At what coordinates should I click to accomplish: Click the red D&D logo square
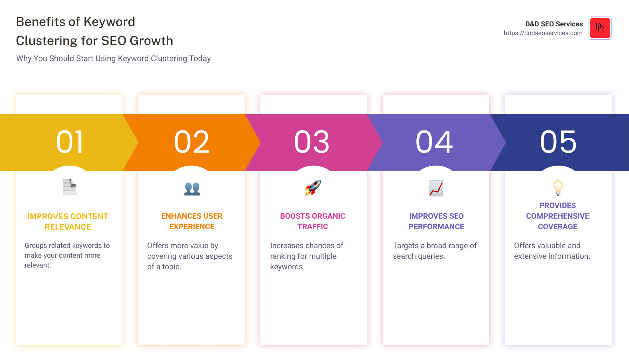click(x=600, y=28)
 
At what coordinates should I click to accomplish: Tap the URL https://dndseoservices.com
click(x=543, y=33)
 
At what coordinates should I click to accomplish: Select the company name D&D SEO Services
click(x=554, y=24)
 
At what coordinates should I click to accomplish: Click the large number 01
click(x=70, y=142)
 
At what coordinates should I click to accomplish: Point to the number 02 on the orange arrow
click(x=192, y=142)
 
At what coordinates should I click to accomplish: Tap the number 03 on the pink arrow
click(x=312, y=142)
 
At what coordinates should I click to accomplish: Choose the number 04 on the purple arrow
click(x=434, y=142)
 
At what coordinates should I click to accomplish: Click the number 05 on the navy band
click(x=558, y=142)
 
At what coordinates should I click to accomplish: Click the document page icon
click(x=70, y=187)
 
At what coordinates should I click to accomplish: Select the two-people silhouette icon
click(x=192, y=188)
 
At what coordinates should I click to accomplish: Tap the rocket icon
click(x=313, y=188)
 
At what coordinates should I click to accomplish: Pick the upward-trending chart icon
click(x=436, y=188)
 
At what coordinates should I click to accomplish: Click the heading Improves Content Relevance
click(x=68, y=221)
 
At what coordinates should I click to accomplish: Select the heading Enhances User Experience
click(x=192, y=221)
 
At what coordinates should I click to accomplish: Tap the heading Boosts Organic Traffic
click(x=313, y=221)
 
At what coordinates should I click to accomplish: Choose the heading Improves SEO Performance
click(x=436, y=221)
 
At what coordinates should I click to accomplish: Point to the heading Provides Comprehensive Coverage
click(x=558, y=216)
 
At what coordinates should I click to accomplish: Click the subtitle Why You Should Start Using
click(x=114, y=58)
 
